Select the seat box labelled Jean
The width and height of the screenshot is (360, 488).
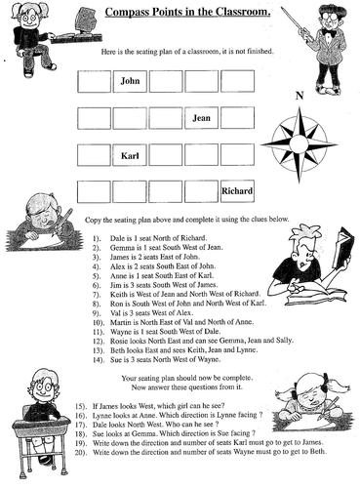click(x=202, y=118)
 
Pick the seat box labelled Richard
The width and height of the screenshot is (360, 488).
click(x=237, y=191)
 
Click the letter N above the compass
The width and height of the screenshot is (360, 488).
click(x=300, y=95)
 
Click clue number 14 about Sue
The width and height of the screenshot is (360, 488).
click(x=161, y=358)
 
